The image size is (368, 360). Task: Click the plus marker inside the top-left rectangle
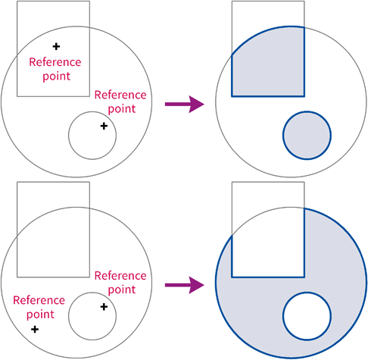click(x=56, y=46)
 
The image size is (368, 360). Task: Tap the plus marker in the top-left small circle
click(x=104, y=126)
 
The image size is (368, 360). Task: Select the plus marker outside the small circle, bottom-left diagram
click(x=35, y=329)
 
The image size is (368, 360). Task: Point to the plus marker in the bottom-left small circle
click(x=104, y=307)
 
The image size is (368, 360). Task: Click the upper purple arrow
click(x=185, y=104)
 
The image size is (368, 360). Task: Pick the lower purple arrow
click(x=185, y=285)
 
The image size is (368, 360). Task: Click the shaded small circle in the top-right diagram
click(x=307, y=136)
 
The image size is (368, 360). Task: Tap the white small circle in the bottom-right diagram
click(x=307, y=316)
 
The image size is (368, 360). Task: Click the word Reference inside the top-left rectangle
click(x=55, y=62)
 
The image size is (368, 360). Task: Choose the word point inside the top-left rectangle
click(x=56, y=77)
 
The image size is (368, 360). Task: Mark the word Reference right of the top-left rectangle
click(x=120, y=95)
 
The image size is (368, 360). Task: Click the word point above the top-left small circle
click(x=122, y=109)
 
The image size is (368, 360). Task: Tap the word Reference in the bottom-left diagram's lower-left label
click(x=39, y=300)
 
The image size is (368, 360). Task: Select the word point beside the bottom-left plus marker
click(x=40, y=315)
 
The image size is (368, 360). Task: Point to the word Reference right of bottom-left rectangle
click(x=120, y=276)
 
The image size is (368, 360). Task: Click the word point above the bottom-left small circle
click(x=122, y=290)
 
